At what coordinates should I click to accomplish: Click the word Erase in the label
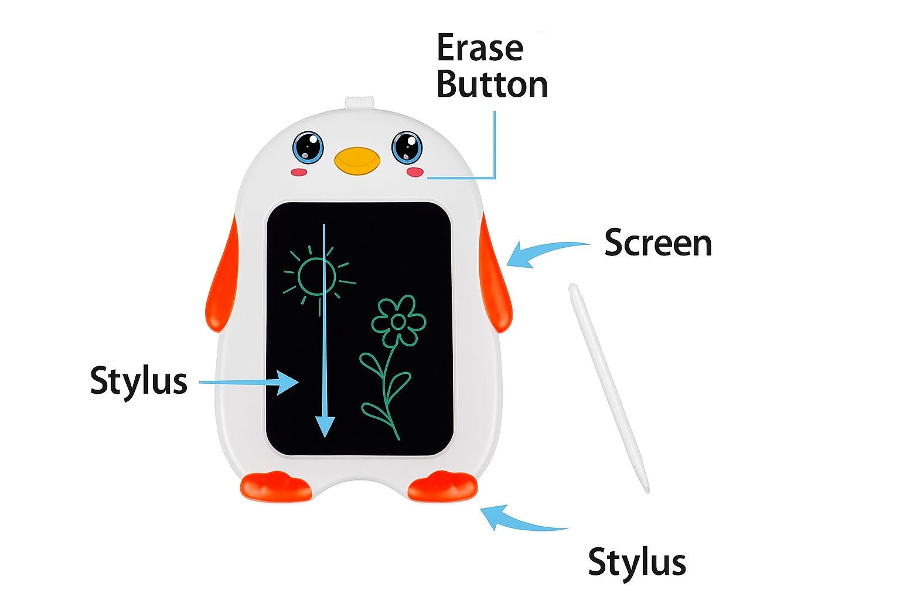click(x=480, y=47)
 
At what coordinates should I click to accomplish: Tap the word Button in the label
click(x=492, y=84)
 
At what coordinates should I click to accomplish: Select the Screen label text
click(x=658, y=243)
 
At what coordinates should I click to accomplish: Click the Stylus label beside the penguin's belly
click(x=139, y=381)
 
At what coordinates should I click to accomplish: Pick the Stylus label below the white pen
click(x=637, y=562)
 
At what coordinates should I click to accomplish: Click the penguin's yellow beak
click(x=357, y=161)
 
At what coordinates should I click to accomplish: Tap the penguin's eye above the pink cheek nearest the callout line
click(x=407, y=148)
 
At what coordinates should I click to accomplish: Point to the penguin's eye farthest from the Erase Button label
click(x=308, y=148)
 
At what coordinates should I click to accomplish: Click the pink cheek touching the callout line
click(x=415, y=172)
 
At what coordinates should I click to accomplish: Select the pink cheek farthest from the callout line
click(x=299, y=172)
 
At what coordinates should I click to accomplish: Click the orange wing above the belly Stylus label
click(x=221, y=277)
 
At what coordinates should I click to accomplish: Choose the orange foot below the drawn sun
click(x=275, y=487)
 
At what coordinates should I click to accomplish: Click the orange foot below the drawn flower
click(x=443, y=486)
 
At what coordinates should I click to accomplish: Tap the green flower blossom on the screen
click(x=398, y=321)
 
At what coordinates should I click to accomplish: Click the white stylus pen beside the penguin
click(x=608, y=388)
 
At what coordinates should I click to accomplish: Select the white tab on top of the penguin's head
click(x=360, y=103)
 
